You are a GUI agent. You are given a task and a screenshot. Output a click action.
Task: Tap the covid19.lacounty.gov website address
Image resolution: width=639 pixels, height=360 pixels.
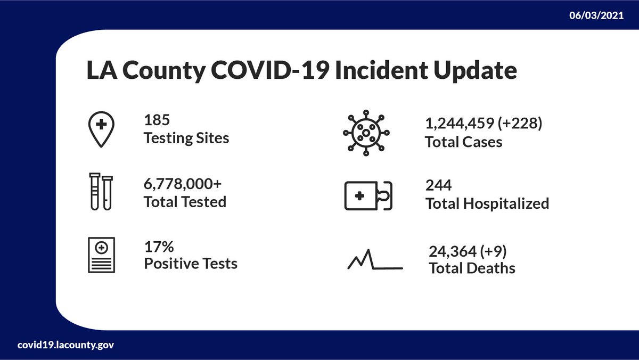coord(65,345)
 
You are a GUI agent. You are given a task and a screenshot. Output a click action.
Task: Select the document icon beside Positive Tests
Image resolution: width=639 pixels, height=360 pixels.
coord(101,256)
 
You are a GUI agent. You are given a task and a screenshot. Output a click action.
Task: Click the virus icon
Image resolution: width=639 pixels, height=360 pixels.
coord(366,133)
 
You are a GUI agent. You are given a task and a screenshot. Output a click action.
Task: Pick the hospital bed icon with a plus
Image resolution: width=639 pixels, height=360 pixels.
coord(368,195)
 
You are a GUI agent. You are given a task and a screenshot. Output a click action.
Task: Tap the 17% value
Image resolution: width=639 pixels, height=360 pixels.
coord(159,247)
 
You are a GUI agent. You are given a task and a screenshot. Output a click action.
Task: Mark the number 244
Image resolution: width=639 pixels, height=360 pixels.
coord(438,186)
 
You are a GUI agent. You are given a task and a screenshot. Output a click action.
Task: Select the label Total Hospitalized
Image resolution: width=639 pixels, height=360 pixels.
coord(487,203)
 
